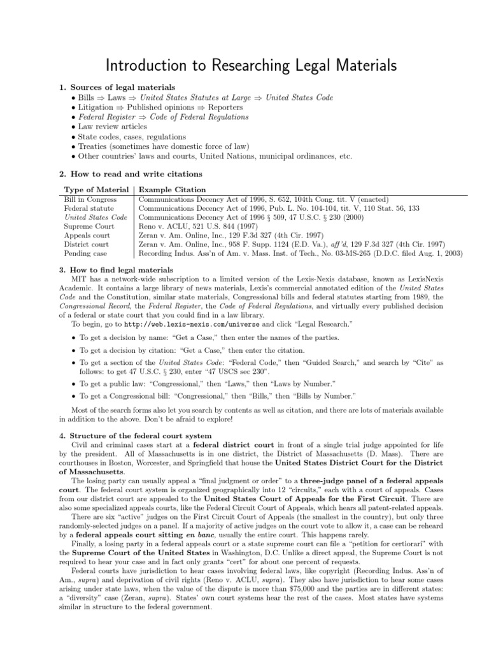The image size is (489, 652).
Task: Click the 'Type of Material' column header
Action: (x=97, y=189)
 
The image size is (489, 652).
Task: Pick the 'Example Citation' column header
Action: (x=173, y=189)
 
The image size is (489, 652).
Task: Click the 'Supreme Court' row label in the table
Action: (x=89, y=226)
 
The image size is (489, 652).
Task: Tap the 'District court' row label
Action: (x=87, y=244)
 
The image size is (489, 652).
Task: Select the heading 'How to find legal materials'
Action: (x=121, y=270)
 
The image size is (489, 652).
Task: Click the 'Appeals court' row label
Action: (x=87, y=235)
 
